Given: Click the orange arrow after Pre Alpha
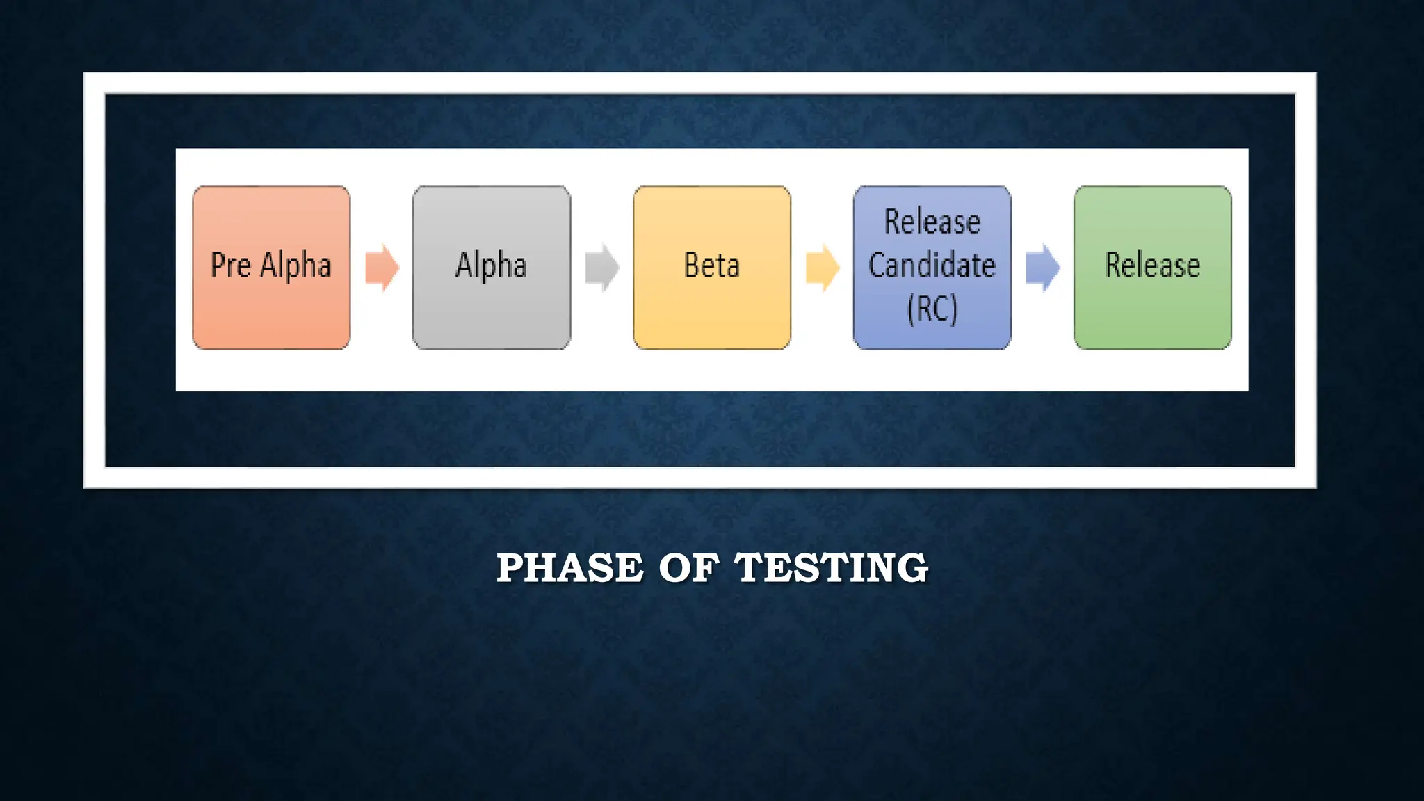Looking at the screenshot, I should point(382,267).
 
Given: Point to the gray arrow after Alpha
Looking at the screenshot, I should point(602,267).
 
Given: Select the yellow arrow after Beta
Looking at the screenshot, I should point(823,267).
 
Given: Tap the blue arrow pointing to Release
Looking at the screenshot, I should point(1043,267).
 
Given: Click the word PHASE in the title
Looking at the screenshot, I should point(570,568).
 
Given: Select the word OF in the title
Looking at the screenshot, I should point(688,568).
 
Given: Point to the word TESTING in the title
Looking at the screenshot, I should point(832,568).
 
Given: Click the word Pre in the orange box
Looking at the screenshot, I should point(230,265).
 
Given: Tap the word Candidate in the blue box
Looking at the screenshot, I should point(932,265).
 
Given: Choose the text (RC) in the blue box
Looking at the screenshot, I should point(932,309).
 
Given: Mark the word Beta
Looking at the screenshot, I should point(711,265).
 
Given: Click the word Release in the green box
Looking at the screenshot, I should point(1152,265).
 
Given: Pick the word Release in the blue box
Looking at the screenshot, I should point(932,222).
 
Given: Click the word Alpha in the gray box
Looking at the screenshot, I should point(491,265).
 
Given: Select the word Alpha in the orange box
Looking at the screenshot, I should point(296,265).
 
